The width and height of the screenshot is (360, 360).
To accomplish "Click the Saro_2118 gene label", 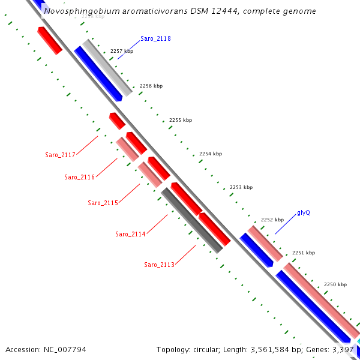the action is pos(155,38).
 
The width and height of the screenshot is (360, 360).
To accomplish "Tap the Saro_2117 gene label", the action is pos(60,155).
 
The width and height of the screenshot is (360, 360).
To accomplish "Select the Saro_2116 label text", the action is pos(79,177).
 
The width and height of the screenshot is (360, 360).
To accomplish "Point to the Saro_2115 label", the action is pos(103,203).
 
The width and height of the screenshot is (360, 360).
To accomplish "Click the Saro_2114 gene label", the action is pos(130,234).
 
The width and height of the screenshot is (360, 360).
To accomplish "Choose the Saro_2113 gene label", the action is pos(159,265).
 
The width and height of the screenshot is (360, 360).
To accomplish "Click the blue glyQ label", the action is pos(304,213).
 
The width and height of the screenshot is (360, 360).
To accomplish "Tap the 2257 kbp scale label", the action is pos(122,52).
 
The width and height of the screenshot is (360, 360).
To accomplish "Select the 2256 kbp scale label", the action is pos(151,86).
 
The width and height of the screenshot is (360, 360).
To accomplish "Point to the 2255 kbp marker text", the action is pos(181,120).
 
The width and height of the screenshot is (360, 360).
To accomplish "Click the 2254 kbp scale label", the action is pos(211,154).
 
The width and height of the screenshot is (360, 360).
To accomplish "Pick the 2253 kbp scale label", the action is pos(241,187).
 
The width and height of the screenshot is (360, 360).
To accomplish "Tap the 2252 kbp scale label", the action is pos(272,220).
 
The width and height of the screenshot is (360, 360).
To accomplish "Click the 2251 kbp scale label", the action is pos(303,253).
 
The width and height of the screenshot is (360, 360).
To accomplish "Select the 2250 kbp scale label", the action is pos(335,284).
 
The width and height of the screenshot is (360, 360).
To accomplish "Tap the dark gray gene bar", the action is pos(192,220).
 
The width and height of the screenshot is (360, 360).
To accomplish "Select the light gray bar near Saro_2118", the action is pos(108,67).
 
